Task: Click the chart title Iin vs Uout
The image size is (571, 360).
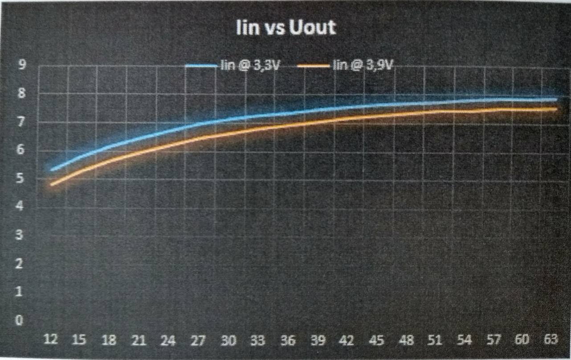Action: coord(285,28)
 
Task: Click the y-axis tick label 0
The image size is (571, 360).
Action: coord(19,320)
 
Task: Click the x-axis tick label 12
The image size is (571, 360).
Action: coord(51,341)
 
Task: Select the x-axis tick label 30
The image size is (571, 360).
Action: coord(228,341)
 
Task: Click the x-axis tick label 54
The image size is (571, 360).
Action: coord(464,340)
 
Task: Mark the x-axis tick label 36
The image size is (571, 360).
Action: coord(288,341)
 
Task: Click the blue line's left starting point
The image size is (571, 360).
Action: coord(52,170)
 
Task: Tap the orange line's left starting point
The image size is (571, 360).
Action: coord(52,184)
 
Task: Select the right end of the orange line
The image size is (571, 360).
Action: coord(556,108)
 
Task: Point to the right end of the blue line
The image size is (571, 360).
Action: coord(556,99)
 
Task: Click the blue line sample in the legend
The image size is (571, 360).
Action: coord(201,65)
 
